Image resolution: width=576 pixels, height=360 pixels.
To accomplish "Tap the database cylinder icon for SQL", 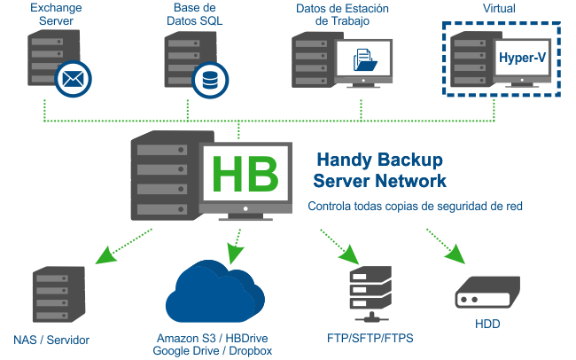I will coord(210,79).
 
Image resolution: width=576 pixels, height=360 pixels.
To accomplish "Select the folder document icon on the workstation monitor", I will coord(364,60).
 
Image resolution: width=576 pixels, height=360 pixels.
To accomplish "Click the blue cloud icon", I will coord(215,296).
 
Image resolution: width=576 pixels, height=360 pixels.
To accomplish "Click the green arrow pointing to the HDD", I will coord(447,247).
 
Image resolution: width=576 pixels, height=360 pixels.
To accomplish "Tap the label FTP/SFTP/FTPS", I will coord(370,339).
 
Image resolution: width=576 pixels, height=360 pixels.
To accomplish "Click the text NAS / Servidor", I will coord(51,340).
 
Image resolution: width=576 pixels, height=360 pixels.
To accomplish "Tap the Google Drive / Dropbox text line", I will coord(214,350).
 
